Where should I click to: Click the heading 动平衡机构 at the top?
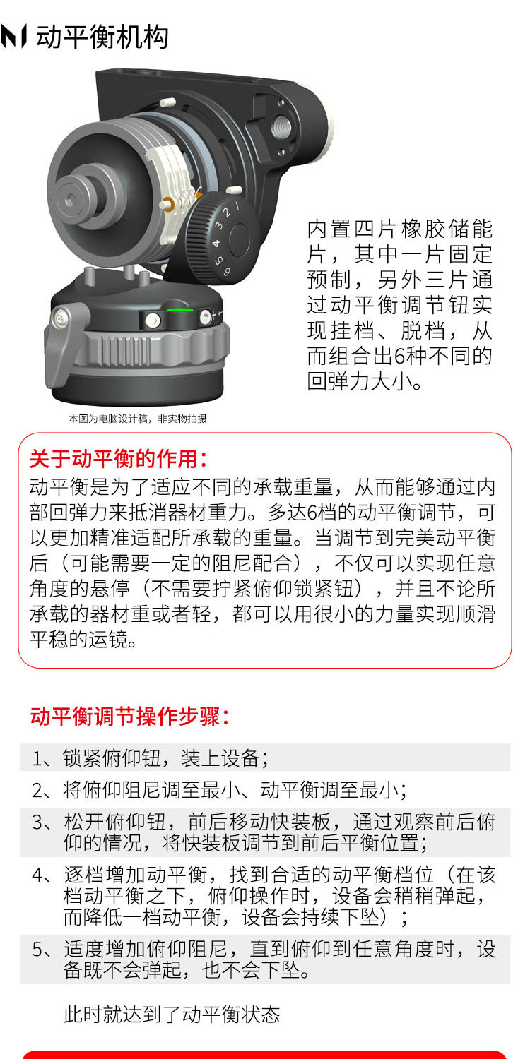(x=102, y=37)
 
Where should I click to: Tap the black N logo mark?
(x=13, y=37)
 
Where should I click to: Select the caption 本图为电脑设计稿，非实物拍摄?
(x=138, y=419)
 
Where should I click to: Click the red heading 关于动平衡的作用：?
(x=118, y=459)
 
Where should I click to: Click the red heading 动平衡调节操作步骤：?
(x=129, y=717)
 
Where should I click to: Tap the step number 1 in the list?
(x=37, y=758)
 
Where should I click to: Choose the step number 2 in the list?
(x=37, y=790)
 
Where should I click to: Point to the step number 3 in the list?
(x=38, y=822)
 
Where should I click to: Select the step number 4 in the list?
(x=38, y=875)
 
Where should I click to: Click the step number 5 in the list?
(x=38, y=950)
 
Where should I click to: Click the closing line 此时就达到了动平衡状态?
(x=172, y=1014)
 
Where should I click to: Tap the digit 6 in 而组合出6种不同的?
(x=399, y=356)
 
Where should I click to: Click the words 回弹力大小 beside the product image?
(x=359, y=381)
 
